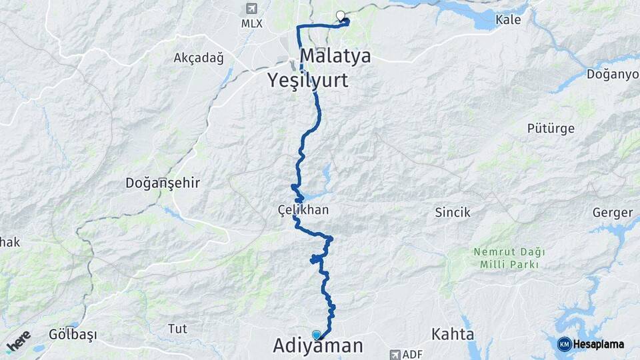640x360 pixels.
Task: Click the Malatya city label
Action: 335,55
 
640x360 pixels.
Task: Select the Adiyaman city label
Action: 318,345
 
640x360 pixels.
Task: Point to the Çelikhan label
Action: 303,210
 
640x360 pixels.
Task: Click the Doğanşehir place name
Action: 163,183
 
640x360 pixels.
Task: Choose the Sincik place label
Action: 453,213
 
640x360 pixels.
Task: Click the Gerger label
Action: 612,213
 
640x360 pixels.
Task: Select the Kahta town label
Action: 453,333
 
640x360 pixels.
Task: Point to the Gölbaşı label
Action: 73,334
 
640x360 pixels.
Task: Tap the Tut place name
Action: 177,329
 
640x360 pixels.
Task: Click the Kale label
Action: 508,20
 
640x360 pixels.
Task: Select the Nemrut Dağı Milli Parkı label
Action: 509,258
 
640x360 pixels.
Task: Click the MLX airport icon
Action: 251,9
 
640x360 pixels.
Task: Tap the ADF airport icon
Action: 396,354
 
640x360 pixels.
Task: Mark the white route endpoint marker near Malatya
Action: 341,16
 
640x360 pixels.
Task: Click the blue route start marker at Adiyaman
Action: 316,335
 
